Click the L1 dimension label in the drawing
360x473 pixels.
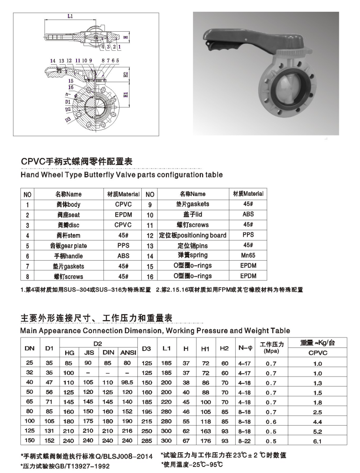pyautogui.click(x=70, y=16)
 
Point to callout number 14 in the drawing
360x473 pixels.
pyautogui.click(x=53, y=60)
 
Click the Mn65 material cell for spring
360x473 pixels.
pyautogui.click(x=248, y=255)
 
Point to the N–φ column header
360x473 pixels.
pyautogui.click(x=245, y=348)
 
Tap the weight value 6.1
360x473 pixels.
pyautogui.click(x=317, y=441)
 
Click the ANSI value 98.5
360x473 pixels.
pyautogui.click(x=127, y=383)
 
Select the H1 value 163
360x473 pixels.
pyautogui.click(x=206, y=432)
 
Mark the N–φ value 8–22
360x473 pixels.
pyautogui.click(x=244, y=441)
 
